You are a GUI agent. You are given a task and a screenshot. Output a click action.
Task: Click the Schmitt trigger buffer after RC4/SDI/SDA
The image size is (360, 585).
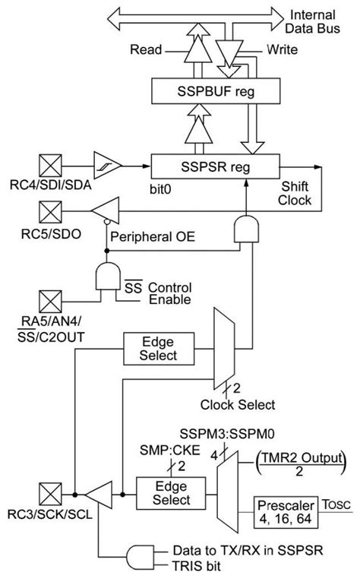[105, 163]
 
